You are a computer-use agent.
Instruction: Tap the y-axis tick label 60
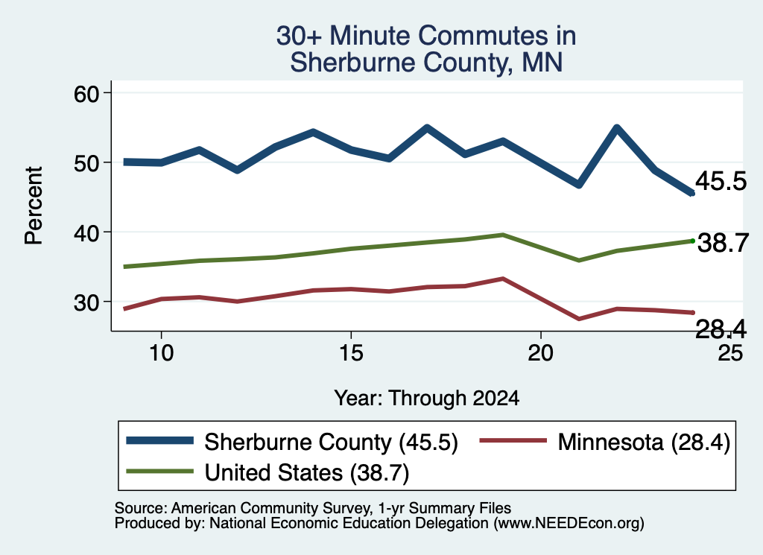[86, 94]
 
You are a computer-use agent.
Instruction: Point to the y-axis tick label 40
[86, 233]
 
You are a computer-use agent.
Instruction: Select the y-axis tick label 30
[86, 302]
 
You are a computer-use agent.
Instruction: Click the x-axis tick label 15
[351, 352]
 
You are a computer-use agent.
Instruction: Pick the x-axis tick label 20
[541, 352]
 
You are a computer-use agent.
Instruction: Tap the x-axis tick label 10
[161, 352]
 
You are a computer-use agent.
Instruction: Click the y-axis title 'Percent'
[34, 206]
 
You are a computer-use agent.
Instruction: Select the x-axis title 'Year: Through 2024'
[427, 398]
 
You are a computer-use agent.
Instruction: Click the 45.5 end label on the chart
[721, 181]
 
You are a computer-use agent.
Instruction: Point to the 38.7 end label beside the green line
[723, 243]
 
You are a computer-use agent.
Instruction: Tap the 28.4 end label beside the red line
[721, 329]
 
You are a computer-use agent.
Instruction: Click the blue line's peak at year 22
[617, 128]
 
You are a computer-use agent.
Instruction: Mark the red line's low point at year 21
[579, 319]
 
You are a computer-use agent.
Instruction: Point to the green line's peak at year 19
[503, 235]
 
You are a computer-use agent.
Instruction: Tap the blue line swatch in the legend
[160, 441]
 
